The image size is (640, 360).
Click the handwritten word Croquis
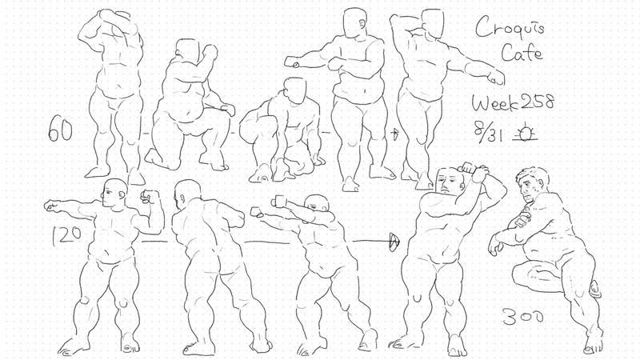[x=510, y=27]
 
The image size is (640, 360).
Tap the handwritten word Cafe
[x=522, y=53]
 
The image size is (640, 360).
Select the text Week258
[x=513, y=103]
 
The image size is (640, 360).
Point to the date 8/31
[x=488, y=131]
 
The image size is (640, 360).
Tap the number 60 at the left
[x=60, y=130]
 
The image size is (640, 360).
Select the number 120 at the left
[x=66, y=236]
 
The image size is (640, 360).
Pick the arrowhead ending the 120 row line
[x=394, y=242]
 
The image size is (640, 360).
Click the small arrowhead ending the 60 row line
[x=394, y=134]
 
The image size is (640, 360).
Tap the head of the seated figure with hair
[x=531, y=185]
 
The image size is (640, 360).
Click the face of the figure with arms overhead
[x=450, y=181]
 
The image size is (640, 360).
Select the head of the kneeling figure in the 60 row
[x=186, y=50]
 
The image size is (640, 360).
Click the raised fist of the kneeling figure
[x=210, y=52]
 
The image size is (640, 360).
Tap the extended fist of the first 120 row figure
[x=51, y=206]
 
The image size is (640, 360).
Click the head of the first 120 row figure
[x=114, y=193]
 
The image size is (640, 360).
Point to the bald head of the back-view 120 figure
[x=187, y=194]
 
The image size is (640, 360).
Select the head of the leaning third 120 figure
[x=318, y=205]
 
